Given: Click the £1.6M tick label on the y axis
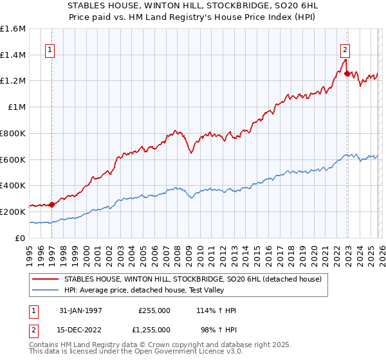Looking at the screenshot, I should click(x=13, y=29).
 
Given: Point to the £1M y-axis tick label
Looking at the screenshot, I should click(x=16, y=107).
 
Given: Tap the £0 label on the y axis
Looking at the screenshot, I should click(x=21, y=238).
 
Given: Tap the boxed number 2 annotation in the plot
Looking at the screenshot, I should click(x=345, y=49).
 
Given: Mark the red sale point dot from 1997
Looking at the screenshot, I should click(x=51, y=204).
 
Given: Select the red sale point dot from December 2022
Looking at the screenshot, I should click(x=347, y=74).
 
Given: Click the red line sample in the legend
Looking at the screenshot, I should click(x=46, y=279).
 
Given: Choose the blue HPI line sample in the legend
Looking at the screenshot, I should click(x=46, y=290).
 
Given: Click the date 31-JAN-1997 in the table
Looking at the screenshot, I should click(x=80, y=310).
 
